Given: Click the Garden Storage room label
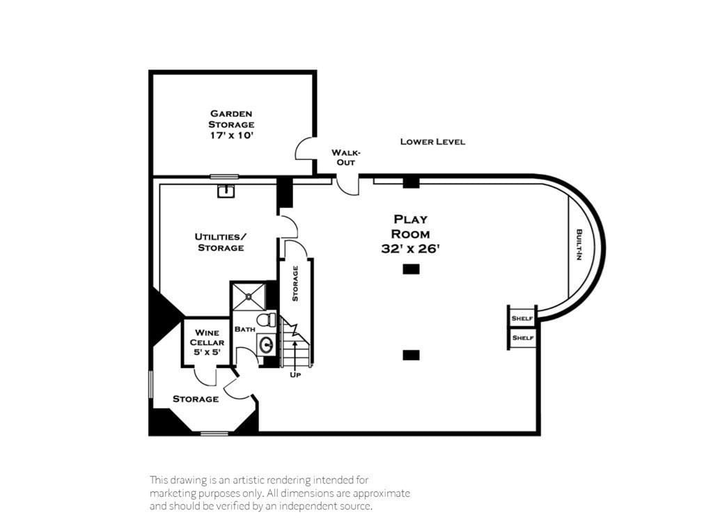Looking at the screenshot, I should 231,118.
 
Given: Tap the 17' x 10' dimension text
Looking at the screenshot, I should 231,136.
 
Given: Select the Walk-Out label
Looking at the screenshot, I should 345,157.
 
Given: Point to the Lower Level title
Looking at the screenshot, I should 432,142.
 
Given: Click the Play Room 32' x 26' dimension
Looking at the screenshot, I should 410,249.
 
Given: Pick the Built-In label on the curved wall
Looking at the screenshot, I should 579,245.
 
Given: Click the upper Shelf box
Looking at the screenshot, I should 522,318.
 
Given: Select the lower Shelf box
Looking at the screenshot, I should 522,337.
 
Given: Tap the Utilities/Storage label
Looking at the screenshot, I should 220,242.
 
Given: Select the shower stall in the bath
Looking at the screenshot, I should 249,296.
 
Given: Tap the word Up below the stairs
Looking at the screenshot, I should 295,375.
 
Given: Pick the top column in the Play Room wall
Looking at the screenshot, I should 411,182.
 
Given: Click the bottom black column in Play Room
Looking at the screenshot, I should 411,355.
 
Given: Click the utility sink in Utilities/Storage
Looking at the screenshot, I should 225,191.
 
